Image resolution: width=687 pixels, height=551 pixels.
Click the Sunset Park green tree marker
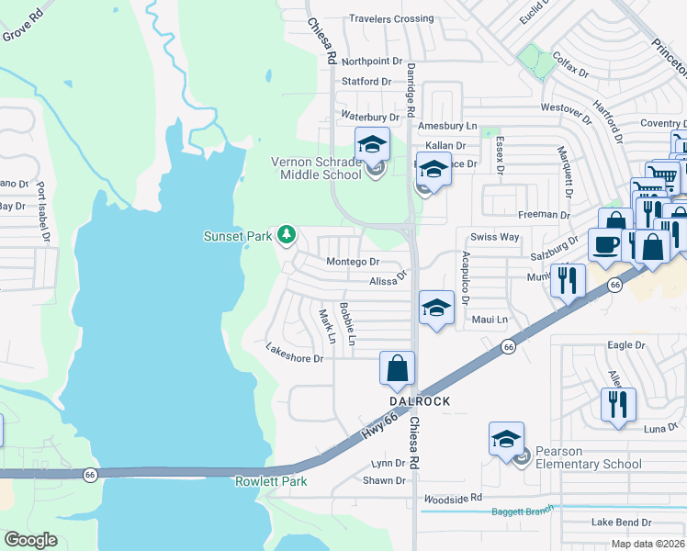(x=287, y=236)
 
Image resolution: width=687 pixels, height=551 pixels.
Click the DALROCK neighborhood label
(x=420, y=401)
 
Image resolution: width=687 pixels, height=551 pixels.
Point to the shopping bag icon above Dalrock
(x=398, y=367)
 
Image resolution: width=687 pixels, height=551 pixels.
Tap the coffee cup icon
(x=604, y=244)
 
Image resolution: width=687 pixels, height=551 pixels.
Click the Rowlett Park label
(x=271, y=481)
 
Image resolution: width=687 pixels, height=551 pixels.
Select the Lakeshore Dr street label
(x=294, y=353)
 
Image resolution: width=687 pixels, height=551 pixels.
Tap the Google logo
(x=30, y=540)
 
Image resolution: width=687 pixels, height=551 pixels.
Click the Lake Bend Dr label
(x=621, y=523)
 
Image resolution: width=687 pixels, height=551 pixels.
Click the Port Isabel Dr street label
(x=42, y=212)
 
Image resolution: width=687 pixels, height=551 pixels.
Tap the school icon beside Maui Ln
(x=436, y=307)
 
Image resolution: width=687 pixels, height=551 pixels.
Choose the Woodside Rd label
(x=453, y=499)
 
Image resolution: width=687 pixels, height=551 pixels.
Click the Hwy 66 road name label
(x=379, y=423)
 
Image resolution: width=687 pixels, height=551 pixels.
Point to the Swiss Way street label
(x=495, y=237)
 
